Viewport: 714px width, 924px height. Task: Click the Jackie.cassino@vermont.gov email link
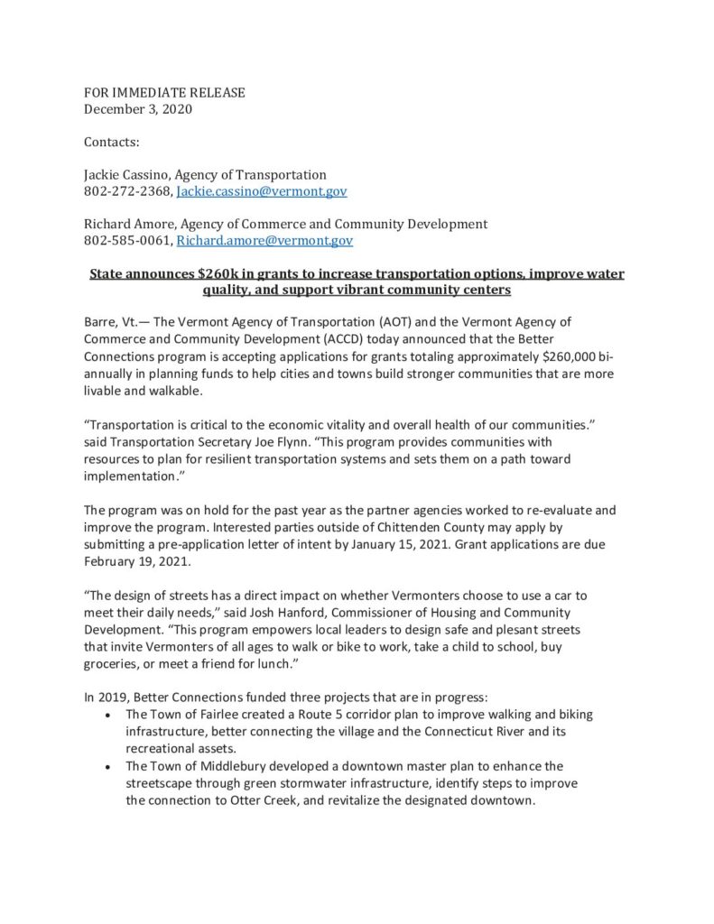coord(262,191)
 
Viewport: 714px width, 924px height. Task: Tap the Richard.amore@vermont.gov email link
coord(264,241)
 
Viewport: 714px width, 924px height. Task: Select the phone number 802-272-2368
coord(128,191)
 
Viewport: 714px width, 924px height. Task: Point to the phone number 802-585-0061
coord(128,241)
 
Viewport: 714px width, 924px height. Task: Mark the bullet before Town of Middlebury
coord(109,767)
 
